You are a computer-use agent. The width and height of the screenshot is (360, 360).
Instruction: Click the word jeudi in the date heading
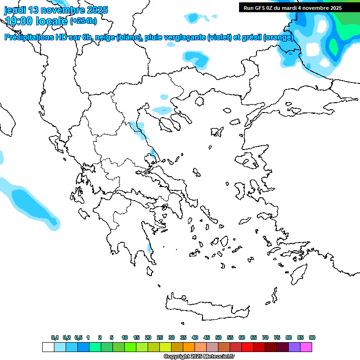(x=15, y=10)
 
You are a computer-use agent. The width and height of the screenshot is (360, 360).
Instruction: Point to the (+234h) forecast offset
(x=83, y=21)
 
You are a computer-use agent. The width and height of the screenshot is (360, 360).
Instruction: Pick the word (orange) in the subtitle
(x=278, y=37)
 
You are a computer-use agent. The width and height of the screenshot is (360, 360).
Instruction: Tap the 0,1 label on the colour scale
(x=55, y=337)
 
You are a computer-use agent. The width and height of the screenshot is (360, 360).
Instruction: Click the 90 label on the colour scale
(x=312, y=337)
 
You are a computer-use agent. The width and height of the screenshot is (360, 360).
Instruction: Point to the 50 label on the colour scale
(x=218, y=337)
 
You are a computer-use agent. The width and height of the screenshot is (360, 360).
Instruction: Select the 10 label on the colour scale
(x=125, y=337)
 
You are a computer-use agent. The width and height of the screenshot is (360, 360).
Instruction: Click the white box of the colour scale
(x=48, y=347)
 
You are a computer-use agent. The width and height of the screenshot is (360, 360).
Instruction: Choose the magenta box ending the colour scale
(x=306, y=347)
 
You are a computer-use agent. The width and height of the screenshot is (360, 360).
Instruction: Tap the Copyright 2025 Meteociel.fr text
(x=199, y=357)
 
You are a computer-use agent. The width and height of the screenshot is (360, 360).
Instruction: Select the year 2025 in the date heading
(x=96, y=10)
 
